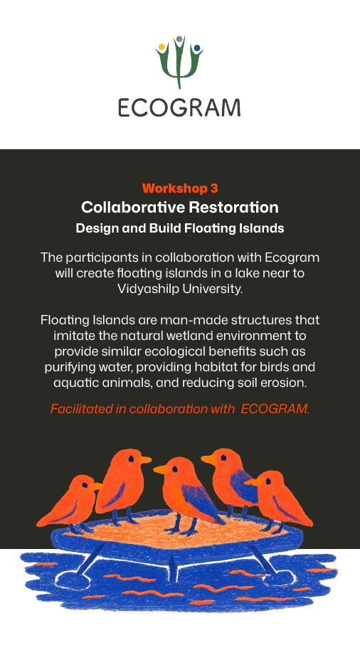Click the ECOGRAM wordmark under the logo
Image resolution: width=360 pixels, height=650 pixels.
pos(179,107)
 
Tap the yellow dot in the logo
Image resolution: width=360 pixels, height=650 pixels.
pos(162,47)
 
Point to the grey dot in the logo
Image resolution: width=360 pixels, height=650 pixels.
pos(179,39)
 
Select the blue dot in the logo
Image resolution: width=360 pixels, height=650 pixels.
pos(196,48)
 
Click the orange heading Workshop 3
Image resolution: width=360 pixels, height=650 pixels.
pos(180,188)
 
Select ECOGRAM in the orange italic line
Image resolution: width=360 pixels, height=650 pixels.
pos(275,409)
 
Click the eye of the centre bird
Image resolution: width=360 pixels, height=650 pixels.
pos(175,469)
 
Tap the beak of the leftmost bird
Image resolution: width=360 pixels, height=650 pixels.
pos(97,486)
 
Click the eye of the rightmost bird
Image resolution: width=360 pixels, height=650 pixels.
pos(268,481)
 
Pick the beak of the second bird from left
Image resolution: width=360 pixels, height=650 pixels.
pos(145,459)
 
